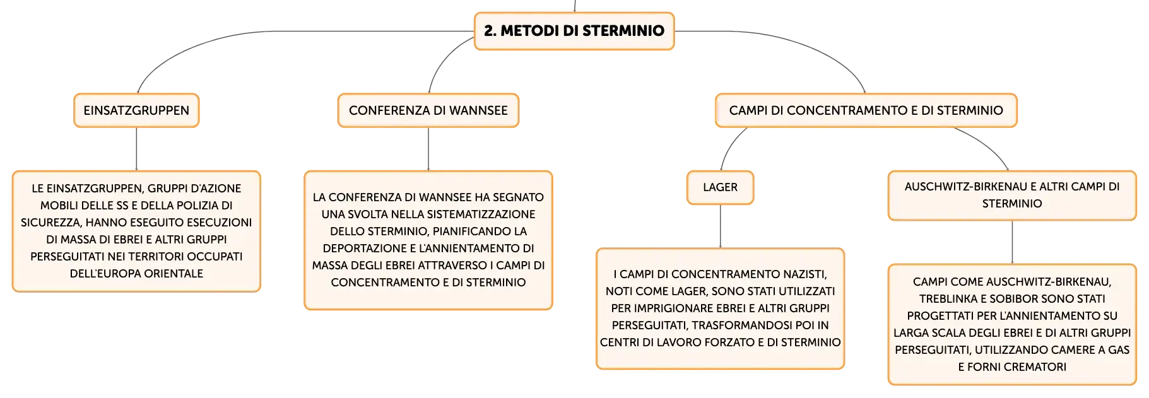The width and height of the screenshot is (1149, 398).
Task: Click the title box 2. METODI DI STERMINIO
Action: pyautogui.click(x=574, y=31)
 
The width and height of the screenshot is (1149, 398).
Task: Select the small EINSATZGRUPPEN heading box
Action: pyautogui.click(x=136, y=110)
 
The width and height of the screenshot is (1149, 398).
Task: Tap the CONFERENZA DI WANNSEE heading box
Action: pyautogui.click(x=428, y=110)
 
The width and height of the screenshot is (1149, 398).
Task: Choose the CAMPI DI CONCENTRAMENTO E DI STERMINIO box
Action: pyautogui.click(x=866, y=110)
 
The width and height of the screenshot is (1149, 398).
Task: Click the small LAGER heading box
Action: pyautogui.click(x=721, y=187)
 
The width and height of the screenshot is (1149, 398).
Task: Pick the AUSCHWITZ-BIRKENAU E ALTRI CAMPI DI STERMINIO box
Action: pyautogui.click(x=1012, y=196)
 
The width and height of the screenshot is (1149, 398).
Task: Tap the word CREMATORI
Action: pyautogui.click(x=1034, y=367)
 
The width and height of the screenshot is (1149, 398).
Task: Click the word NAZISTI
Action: pyautogui.click(x=805, y=274)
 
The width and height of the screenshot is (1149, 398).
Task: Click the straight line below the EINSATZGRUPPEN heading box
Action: pyautogui.click(x=136, y=149)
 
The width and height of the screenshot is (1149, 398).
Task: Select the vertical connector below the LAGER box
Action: pyautogui.click(x=721, y=226)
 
